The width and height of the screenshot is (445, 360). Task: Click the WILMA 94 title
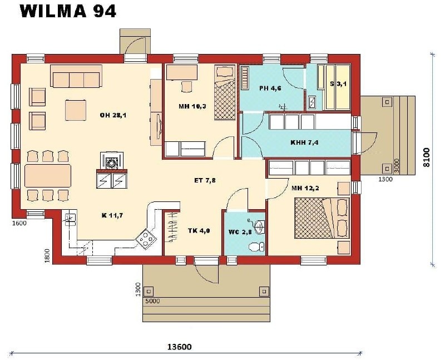[x=68, y=11]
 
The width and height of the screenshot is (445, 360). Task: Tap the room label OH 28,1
[x=113, y=115]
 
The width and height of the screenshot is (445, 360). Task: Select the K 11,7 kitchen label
[x=112, y=215]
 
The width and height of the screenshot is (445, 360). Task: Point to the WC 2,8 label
[x=240, y=232]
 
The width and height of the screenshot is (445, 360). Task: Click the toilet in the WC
[x=256, y=246]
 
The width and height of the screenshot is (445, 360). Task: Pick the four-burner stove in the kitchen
[x=146, y=239]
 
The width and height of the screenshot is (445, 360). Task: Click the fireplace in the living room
[x=112, y=161]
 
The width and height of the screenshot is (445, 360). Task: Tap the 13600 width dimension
[x=179, y=347]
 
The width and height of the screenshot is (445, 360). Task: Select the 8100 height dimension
[x=427, y=157]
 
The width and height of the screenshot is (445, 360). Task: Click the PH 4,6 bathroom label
[x=270, y=88]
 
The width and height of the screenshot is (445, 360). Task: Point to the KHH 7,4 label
[x=304, y=142]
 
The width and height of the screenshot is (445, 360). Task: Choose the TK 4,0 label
[x=199, y=230]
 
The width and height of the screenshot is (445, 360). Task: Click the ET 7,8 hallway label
[x=205, y=180]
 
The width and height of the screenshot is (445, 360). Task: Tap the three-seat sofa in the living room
[x=76, y=76]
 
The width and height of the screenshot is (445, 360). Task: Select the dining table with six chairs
[x=48, y=176]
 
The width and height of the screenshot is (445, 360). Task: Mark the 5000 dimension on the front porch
[x=152, y=301]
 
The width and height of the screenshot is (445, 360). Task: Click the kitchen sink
[x=71, y=219]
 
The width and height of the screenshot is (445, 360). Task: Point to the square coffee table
[x=76, y=110]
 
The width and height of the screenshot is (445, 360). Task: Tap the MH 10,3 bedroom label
[x=192, y=106]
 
